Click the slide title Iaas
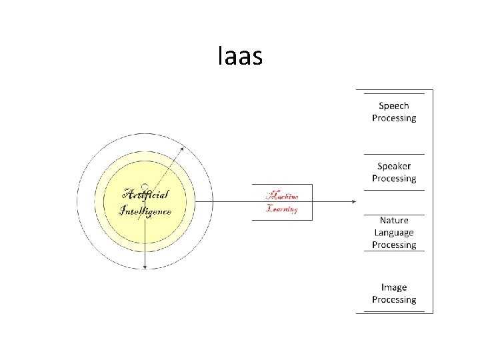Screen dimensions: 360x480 coord(240,57)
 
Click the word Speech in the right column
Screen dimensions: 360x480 coord(393,105)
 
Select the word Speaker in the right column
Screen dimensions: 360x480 coord(393,166)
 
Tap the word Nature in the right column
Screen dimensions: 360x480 coord(393,221)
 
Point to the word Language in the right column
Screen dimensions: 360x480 coord(393,233)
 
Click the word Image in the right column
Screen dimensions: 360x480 coord(393,287)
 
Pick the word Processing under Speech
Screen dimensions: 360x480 coord(393,118)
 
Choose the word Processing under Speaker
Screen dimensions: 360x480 coord(393,179)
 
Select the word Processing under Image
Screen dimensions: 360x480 coord(393,300)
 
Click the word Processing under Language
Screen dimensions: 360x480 coord(393,245)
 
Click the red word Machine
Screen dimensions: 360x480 coord(282,196)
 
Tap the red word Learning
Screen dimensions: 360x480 coord(282,209)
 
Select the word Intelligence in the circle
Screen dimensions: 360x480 coord(145,211)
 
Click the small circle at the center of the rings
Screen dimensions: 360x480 coord(145,187)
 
